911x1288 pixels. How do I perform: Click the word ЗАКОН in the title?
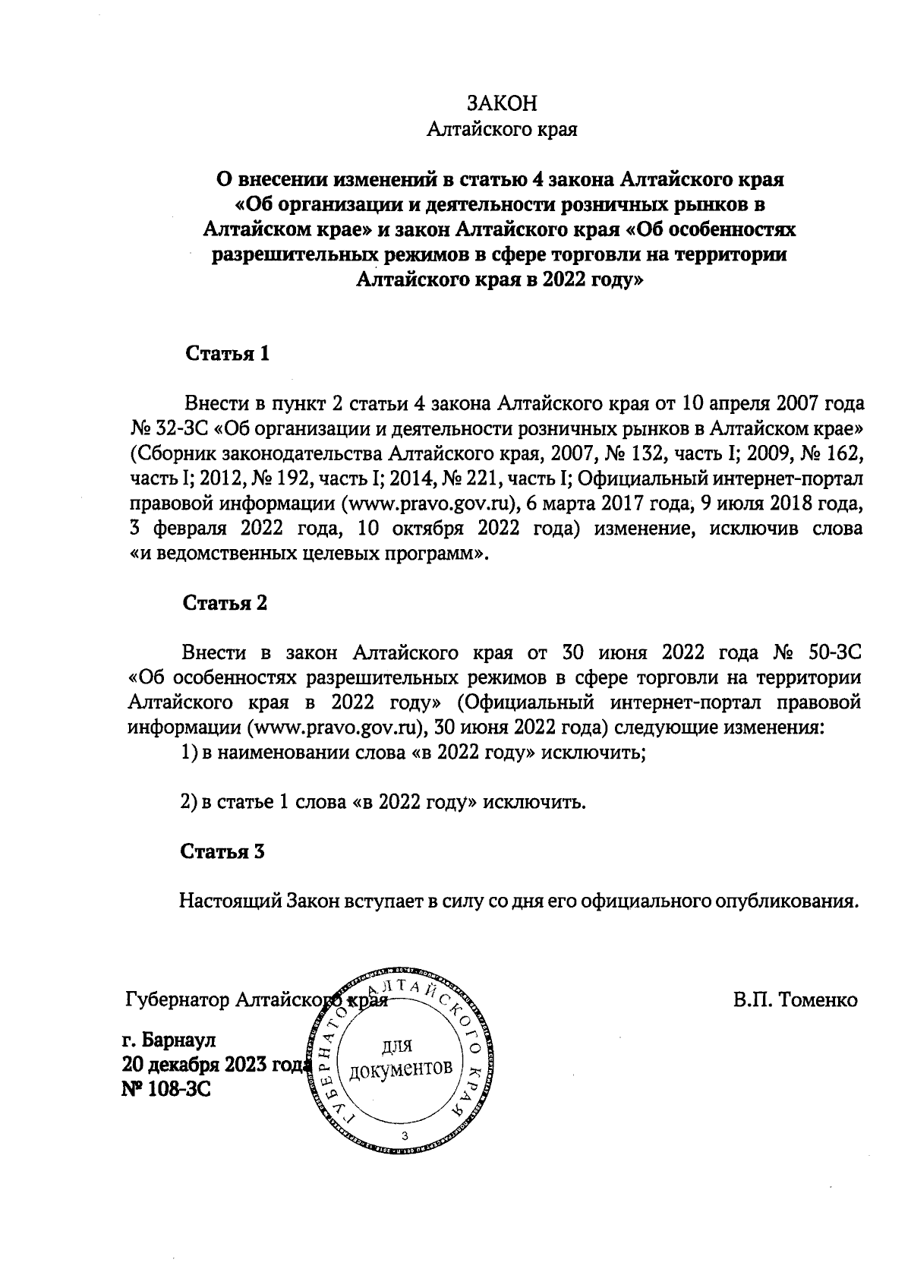click(502, 104)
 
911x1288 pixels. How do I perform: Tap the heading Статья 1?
click(227, 354)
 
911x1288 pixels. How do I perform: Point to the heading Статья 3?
click(223, 851)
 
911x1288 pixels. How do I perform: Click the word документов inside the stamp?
click(400, 1070)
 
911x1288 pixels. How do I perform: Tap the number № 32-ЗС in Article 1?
click(169, 429)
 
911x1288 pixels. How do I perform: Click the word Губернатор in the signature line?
click(177, 1000)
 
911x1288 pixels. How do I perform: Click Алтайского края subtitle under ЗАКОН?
click(502, 131)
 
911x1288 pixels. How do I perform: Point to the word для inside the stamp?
click(396, 1046)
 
